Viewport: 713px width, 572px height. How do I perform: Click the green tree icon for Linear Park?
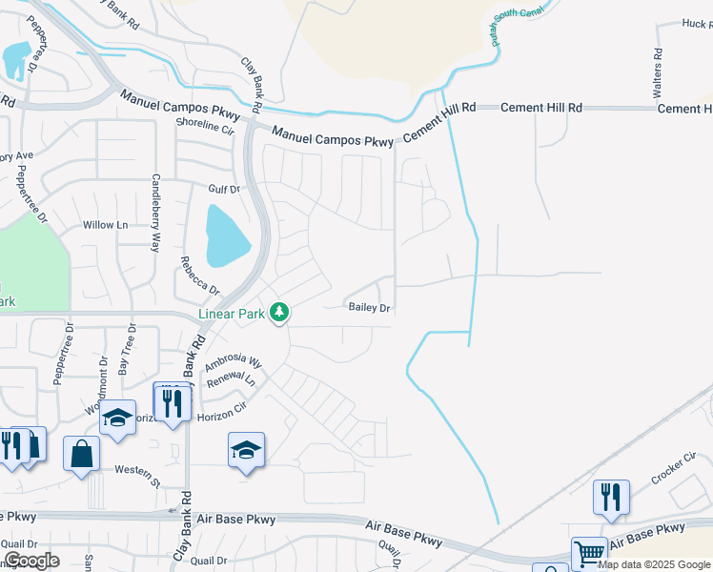click(x=279, y=312)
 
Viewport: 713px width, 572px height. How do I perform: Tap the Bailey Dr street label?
click(x=370, y=307)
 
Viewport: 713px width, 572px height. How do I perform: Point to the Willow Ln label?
click(x=105, y=225)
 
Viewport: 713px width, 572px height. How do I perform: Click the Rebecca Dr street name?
click(x=200, y=276)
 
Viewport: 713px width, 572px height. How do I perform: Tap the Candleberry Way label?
click(x=154, y=213)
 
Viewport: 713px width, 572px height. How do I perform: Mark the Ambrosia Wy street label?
click(x=233, y=362)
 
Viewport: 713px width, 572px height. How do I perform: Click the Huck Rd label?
click(x=697, y=24)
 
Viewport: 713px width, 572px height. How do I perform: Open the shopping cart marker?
click(x=589, y=553)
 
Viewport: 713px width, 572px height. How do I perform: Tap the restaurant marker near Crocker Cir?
click(x=611, y=497)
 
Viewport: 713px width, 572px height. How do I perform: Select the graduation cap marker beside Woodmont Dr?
click(x=118, y=419)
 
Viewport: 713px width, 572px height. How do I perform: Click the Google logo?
click(x=31, y=561)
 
